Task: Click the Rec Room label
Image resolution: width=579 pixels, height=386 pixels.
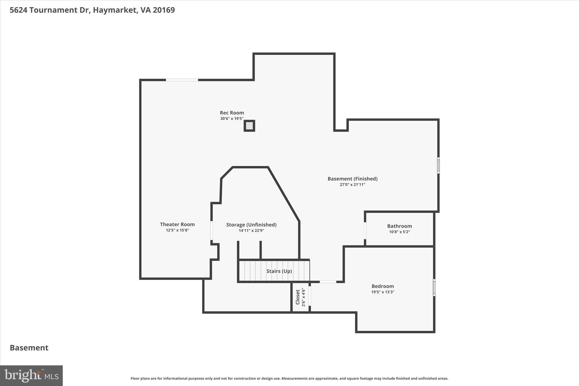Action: pos(232,113)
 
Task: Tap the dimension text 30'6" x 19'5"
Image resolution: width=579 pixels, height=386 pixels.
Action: pos(232,119)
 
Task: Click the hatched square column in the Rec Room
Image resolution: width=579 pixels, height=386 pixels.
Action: pos(249,126)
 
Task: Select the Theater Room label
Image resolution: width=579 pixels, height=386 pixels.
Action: pos(177,224)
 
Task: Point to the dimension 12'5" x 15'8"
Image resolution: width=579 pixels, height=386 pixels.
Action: pos(177,230)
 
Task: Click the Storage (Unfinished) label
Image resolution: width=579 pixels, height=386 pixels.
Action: pos(251,225)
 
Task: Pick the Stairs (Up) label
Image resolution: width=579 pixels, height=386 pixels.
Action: pos(279,271)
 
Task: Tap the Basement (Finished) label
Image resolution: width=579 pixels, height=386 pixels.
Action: pos(352,179)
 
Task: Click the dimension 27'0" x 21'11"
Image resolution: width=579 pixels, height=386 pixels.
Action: pos(352,185)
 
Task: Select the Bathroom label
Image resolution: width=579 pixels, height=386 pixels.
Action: pos(399,226)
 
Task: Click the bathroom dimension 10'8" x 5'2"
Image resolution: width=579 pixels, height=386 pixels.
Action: pos(399,232)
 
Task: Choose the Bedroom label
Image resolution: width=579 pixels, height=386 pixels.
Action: pos(383,286)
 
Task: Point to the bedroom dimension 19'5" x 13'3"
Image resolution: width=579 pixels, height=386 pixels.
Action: pos(383,292)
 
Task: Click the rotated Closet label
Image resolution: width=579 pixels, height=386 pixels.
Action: pos(298,297)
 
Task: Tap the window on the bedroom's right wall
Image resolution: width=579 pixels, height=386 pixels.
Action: pos(434,287)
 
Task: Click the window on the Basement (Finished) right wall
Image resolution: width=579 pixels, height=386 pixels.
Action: pos(438,165)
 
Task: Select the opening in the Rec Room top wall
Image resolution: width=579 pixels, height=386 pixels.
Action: pos(182,80)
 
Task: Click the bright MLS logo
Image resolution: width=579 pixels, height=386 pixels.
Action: pos(31,376)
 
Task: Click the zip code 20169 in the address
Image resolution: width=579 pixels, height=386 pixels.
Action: pos(164,10)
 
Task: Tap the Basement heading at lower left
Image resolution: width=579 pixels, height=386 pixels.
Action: pos(29,348)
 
